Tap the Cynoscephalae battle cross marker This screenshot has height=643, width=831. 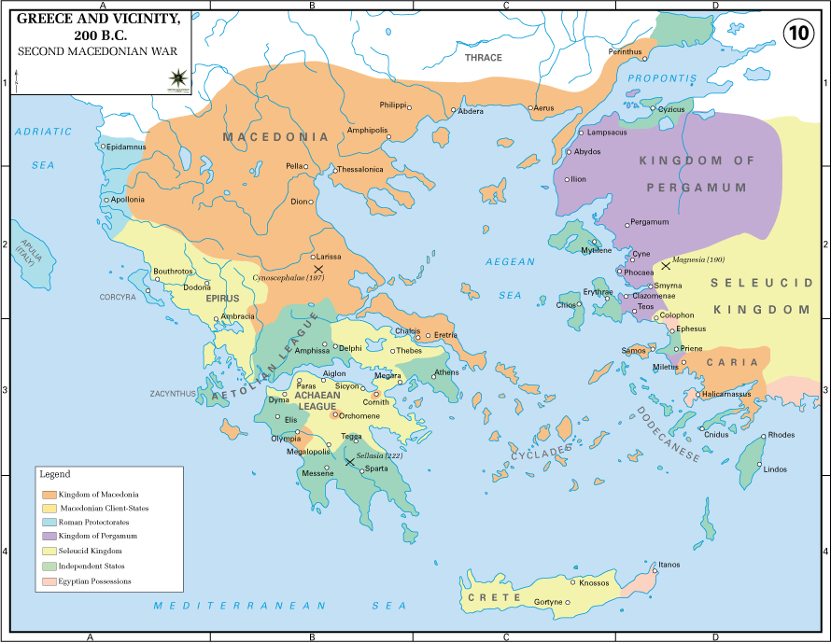[x=318, y=269]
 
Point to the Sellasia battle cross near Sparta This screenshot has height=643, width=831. [x=349, y=461]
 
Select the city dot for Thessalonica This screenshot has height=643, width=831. [x=334, y=170]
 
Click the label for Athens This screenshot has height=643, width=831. [x=446, y=372]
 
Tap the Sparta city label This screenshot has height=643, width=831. [x=377, y=468]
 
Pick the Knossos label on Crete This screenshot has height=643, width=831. [x=594, y=582]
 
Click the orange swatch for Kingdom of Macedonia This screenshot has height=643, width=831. [x=49, y=494]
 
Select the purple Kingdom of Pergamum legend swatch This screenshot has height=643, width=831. [x=49, y=537]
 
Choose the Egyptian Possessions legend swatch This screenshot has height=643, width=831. [x=49, y=580]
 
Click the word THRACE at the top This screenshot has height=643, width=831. [x=484, y=58]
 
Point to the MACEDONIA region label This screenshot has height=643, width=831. [x=275, y=137]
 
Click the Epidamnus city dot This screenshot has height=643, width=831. [x=104, y=146]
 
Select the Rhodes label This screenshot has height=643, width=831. [x=781, y=436]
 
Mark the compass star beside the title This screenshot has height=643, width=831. [x=176, y=78]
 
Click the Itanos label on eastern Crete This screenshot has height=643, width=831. [x=669, y=565]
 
